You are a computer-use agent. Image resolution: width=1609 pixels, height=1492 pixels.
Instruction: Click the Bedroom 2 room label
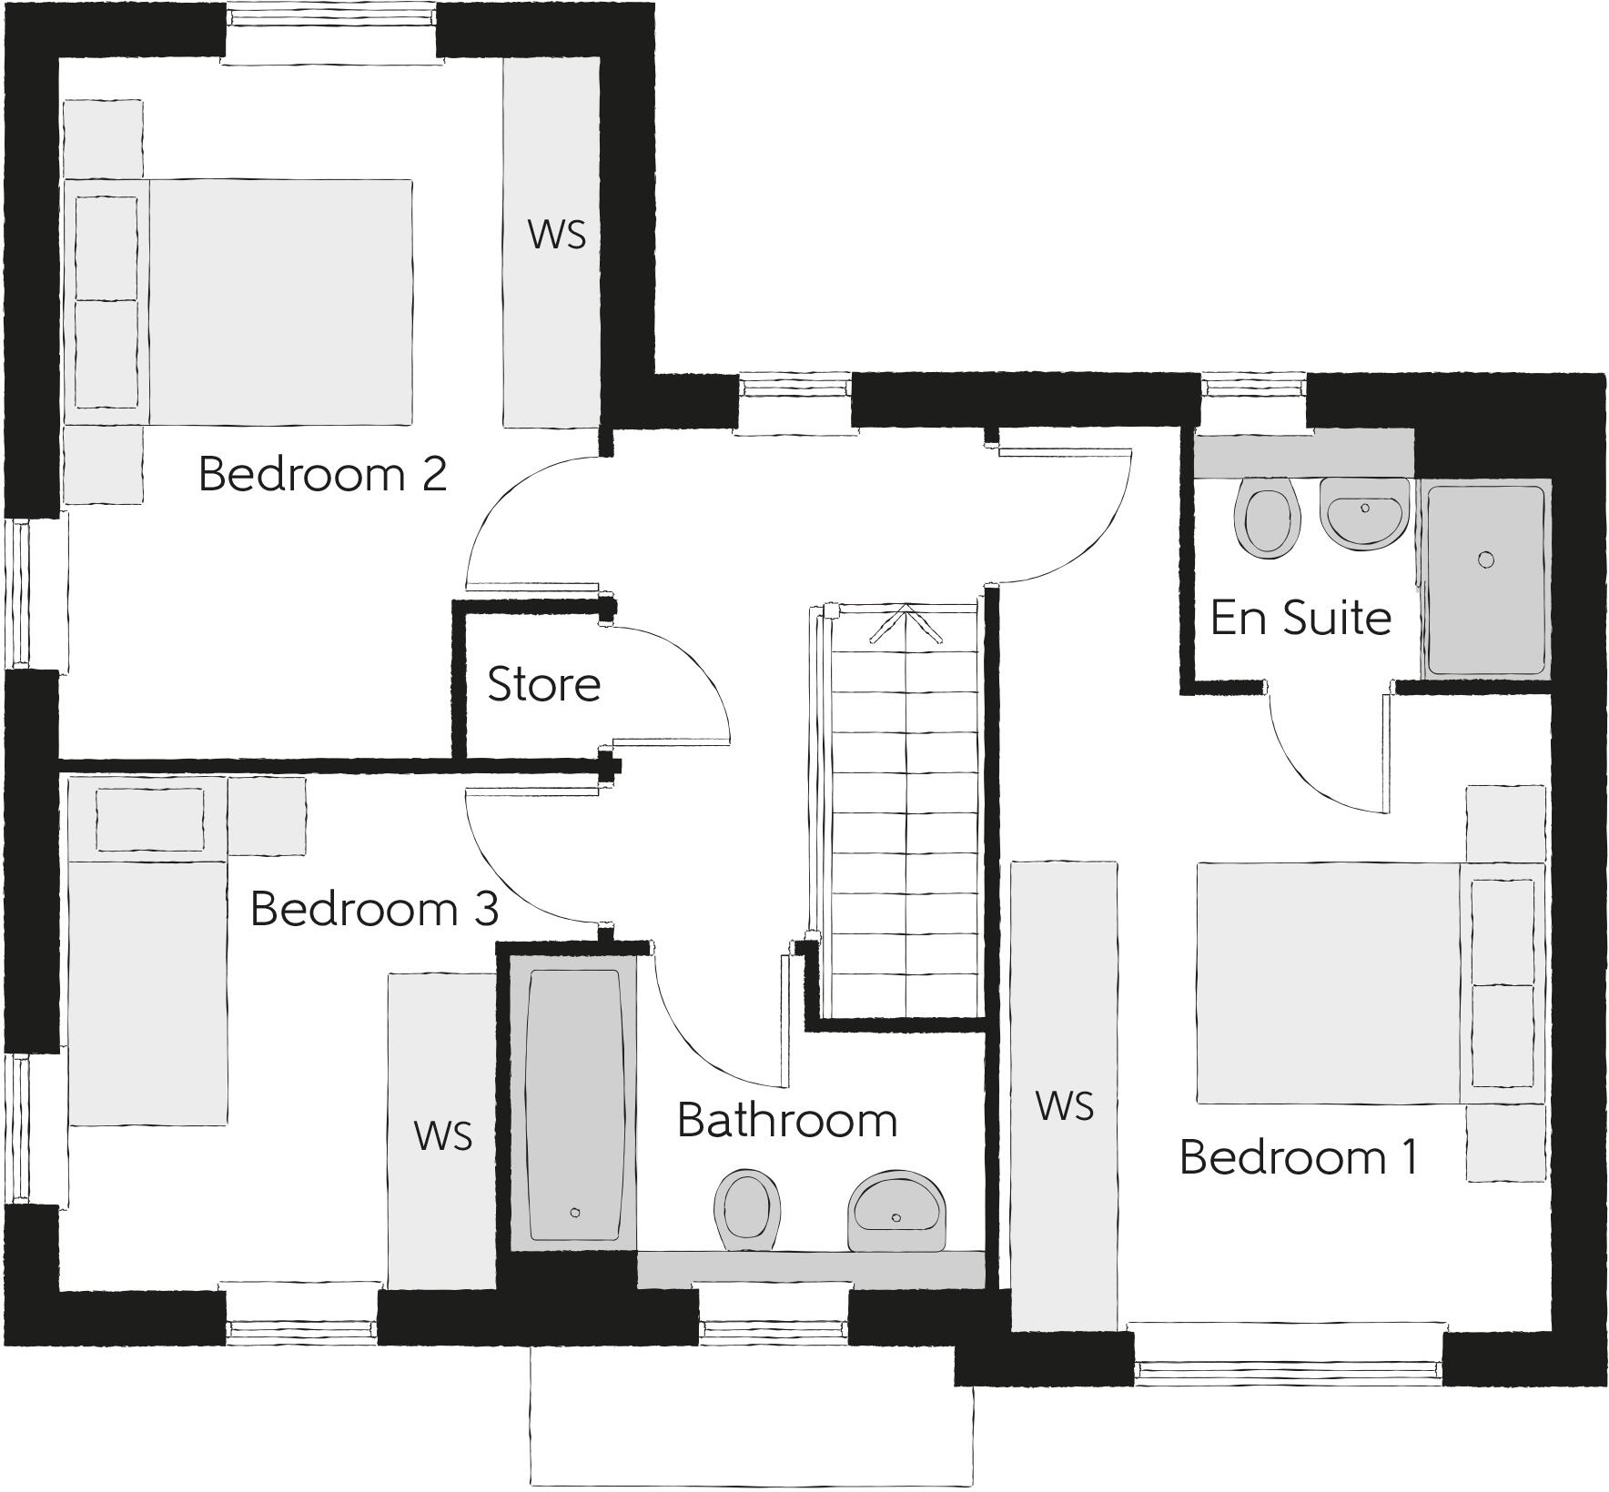322,475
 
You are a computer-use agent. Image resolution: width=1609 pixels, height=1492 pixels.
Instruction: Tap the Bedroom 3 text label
374,909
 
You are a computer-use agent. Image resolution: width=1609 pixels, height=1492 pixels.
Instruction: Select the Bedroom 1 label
1299,1158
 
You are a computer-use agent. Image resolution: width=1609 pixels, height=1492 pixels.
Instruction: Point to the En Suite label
1300,619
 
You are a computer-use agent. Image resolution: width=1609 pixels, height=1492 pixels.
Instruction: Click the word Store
544,685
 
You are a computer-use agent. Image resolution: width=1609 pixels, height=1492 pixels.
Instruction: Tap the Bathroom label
787,1121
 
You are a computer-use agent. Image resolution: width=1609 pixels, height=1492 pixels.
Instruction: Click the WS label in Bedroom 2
556,235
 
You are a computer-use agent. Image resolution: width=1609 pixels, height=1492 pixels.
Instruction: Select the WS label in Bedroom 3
442,1136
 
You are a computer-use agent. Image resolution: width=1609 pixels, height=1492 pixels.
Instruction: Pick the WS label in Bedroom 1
1064,1107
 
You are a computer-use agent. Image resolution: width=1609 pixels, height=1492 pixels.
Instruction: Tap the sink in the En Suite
1363,515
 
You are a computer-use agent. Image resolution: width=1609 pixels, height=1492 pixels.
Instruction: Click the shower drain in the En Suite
1486,559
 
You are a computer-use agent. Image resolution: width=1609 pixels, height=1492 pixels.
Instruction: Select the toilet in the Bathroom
748,1210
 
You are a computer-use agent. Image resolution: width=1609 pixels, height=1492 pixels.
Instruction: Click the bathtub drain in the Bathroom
574,1212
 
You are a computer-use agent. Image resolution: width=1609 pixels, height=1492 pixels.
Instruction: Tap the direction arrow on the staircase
905,623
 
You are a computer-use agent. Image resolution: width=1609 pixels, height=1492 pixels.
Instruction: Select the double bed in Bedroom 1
1329,983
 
